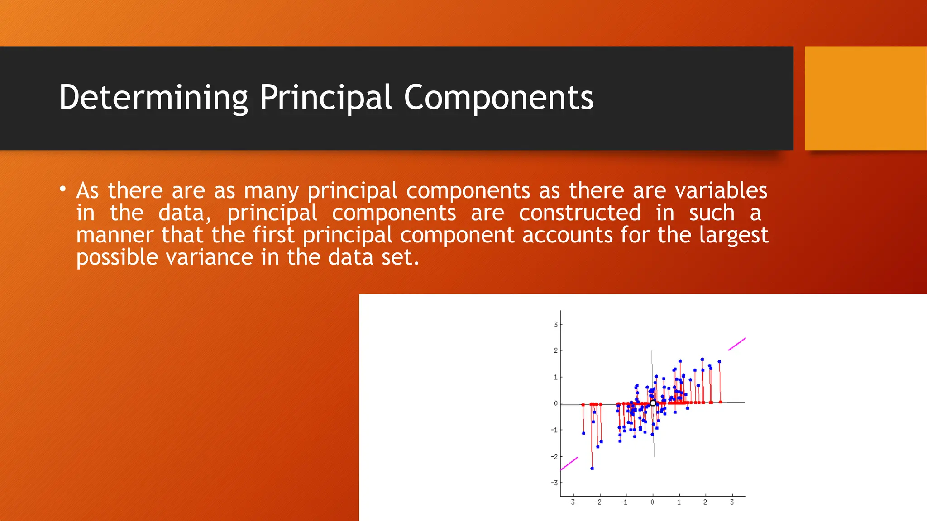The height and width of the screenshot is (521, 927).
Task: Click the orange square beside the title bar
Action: [865, 98]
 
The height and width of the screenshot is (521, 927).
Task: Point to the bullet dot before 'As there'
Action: [63, 189]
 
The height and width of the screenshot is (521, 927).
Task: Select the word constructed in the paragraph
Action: [580, 213]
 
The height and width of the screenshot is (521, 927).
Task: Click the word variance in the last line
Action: [209, 257]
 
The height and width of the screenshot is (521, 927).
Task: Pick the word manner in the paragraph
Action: [115, 235]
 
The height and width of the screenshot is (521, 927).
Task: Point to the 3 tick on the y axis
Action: [556, 324]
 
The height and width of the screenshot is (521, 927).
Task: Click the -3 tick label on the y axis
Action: [554, 483]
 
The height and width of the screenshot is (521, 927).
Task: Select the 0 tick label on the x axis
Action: [652, 502]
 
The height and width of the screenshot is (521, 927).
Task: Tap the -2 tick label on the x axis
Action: [598, 502]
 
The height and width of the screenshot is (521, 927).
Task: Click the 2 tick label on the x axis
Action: [705, 502]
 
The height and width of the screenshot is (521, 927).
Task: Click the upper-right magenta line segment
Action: [737, 344]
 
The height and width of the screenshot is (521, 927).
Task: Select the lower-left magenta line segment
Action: [569, 464]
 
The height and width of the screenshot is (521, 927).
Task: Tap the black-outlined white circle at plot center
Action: [653, 403]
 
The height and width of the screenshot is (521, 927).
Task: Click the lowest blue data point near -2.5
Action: [592, 469]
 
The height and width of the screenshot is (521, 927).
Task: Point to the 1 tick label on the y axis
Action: [556, 377]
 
